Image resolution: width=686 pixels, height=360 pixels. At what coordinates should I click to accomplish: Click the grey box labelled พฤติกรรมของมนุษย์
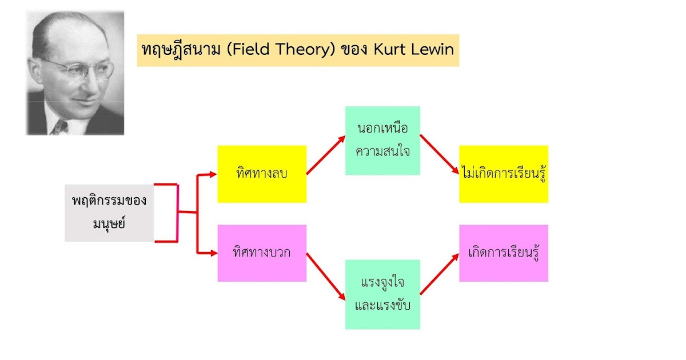click(x=109, y=213)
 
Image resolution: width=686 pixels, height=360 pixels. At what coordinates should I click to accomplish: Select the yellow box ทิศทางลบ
click(x=262, y=174)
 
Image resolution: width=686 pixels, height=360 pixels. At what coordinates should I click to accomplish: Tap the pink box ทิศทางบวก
click(x=262, y=253)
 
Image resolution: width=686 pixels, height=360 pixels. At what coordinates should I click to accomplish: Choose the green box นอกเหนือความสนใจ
click(x=382, y=141)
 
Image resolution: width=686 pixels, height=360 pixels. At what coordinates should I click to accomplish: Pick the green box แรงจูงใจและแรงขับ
click(x=382, y=294)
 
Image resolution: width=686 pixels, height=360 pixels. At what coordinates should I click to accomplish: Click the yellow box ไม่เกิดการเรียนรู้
click(x=503, y=174)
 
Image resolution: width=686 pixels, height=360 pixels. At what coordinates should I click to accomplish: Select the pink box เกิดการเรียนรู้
click(x=503, y=253)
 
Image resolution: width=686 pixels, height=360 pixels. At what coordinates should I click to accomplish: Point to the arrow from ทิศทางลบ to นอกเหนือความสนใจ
click(x=326, y=155)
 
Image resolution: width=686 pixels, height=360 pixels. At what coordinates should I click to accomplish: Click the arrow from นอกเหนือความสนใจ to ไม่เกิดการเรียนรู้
click(x=440, y=154)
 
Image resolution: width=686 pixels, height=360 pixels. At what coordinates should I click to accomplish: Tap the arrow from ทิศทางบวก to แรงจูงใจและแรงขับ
click(x=326, y=277)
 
